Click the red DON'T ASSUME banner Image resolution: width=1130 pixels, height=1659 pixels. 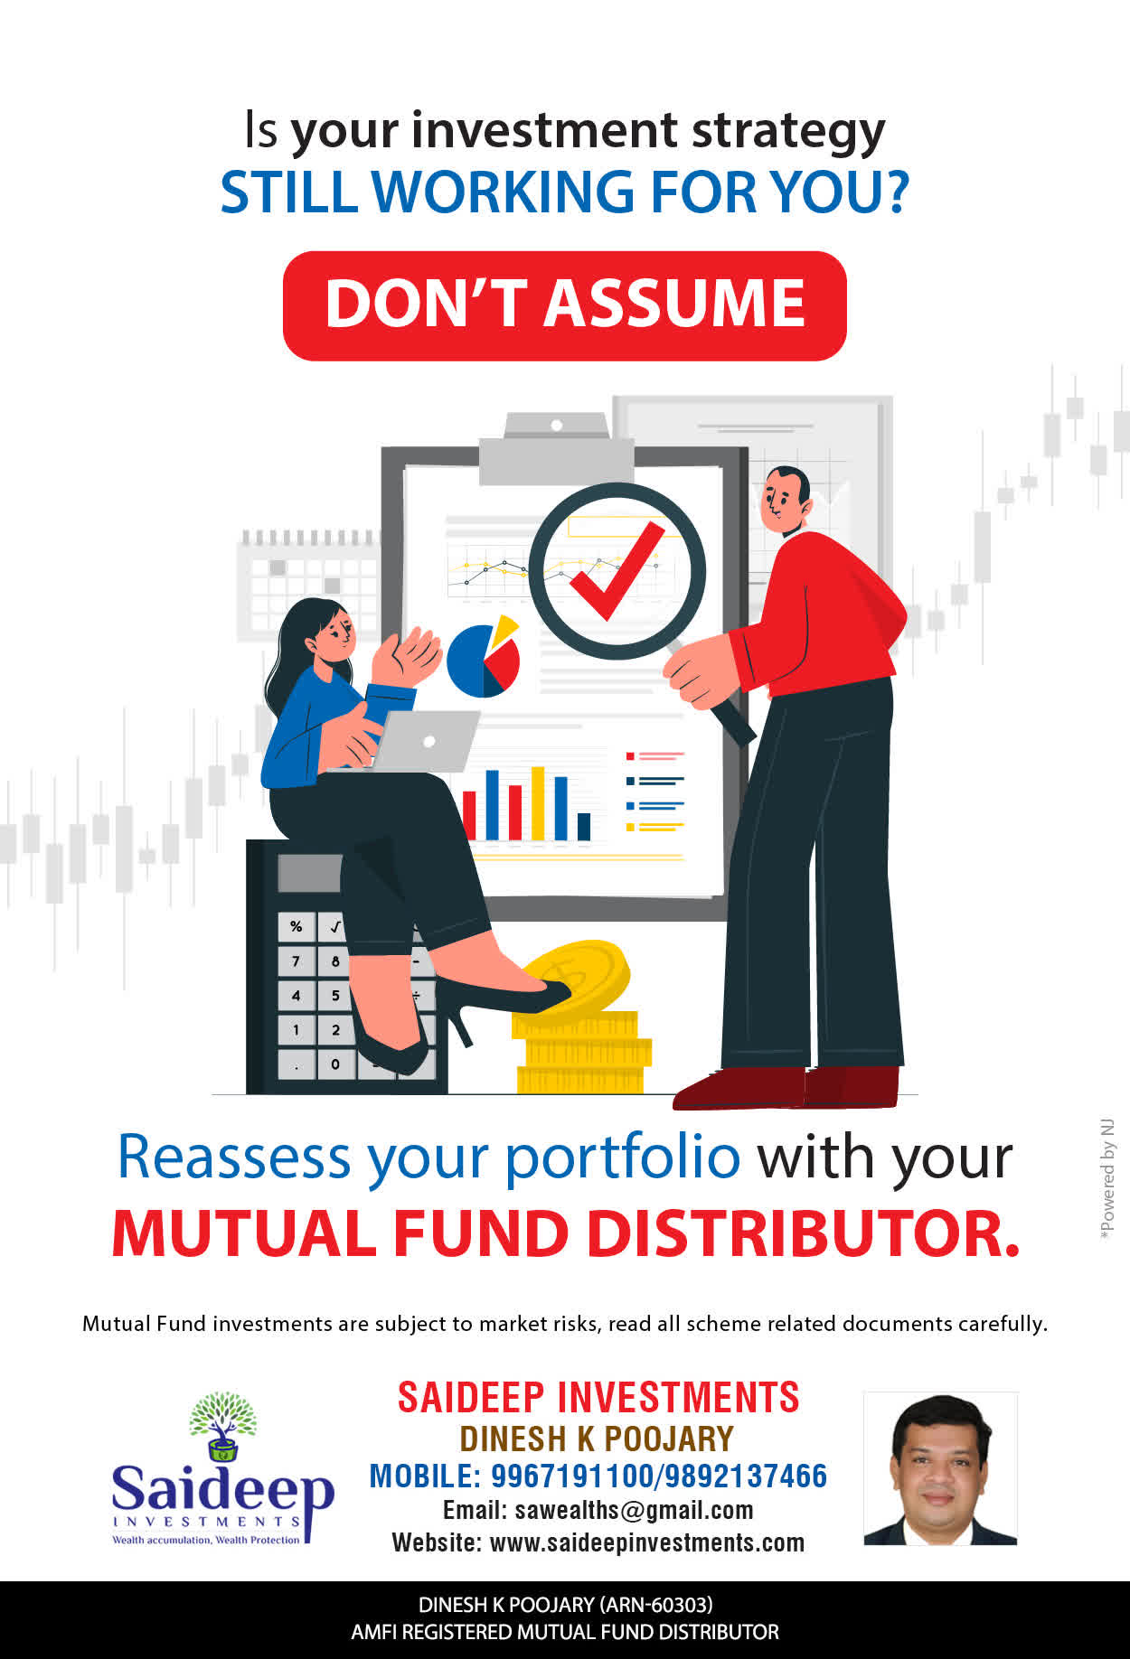click(564, 305)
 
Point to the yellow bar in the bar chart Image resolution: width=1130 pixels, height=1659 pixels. click(538, 803)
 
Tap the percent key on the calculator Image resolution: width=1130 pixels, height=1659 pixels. click(296, 926)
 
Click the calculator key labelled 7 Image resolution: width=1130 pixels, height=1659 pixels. click(296, 961)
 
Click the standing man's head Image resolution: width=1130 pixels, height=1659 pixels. click(785, 500)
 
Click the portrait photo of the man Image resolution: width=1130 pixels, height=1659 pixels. click(940, 1468)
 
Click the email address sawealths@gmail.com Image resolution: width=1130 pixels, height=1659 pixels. click(634, 1511)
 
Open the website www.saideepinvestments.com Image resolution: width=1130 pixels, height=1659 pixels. click(646, 1543)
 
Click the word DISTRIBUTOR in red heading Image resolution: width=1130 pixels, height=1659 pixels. click(803, 1233)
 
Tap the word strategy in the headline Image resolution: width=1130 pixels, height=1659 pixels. click(788, 133)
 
